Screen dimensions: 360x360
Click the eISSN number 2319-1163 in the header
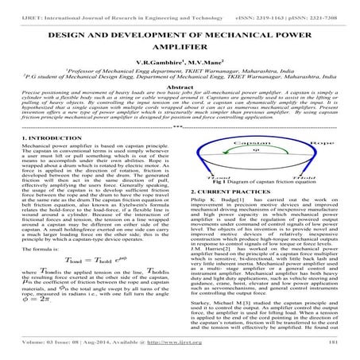coord(279,6)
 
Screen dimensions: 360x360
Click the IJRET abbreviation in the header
coord(14,6)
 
